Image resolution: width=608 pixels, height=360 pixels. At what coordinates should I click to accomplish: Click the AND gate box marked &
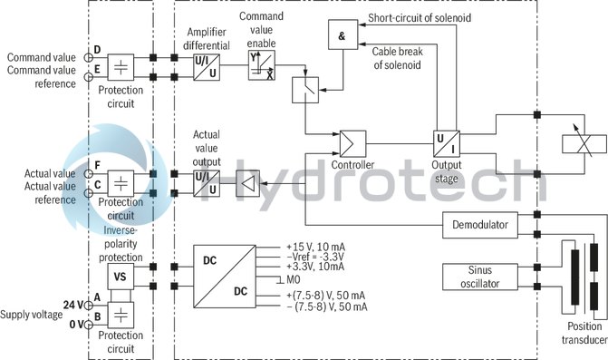[342, 34]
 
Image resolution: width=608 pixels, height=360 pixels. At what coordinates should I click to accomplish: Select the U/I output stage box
[448, 143]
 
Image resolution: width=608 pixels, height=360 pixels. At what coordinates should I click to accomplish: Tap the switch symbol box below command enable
[305, 89]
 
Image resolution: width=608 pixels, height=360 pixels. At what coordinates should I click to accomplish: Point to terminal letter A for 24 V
[96, 306]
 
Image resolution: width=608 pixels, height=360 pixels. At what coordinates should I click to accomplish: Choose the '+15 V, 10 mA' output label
[315, 247]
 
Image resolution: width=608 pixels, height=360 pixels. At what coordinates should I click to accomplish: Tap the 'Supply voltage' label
[32, 314]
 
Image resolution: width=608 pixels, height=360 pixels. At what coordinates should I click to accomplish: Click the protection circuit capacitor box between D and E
[121, 66]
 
